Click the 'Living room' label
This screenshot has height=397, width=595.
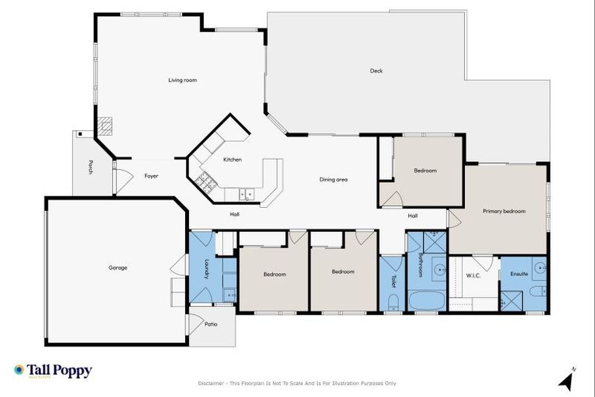point(182,80)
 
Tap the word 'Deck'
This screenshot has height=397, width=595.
point(376,71)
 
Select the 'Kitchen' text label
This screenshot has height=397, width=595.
point(232,160)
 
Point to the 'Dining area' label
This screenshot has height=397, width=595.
point(333,179)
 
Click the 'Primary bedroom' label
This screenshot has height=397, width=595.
point(504,211)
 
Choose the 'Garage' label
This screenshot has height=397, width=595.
point(118,268)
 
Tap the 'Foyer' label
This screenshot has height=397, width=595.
point(151,176)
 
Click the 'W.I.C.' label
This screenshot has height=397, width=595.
point(474,275)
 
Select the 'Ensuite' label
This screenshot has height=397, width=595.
point(518,274)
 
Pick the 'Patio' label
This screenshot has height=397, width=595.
point(211,325)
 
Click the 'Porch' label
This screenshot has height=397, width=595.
point(91,167)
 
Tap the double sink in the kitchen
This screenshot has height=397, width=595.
point(247,193)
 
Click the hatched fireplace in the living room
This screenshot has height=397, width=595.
point(105,126)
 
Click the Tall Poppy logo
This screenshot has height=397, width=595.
point(53,371)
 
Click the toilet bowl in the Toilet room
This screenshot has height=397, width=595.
point(393,301)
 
